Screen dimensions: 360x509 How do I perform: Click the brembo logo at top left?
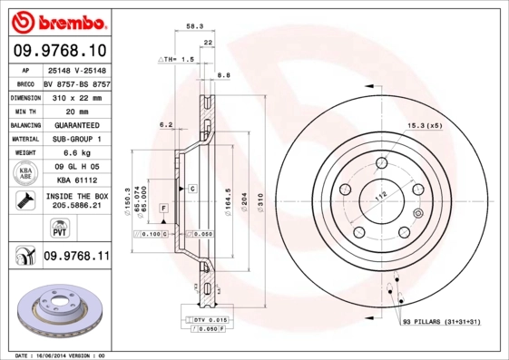pos(56,20)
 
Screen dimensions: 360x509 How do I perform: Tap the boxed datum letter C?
pos(192,189)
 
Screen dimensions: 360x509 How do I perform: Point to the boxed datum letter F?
pos(163,209)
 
